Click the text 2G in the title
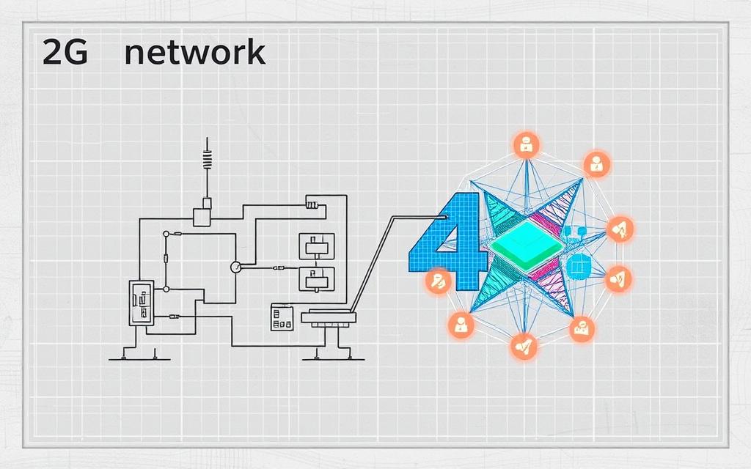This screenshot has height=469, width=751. point(65,54)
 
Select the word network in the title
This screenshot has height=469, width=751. point(194,53)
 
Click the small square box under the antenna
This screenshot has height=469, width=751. point(202,216)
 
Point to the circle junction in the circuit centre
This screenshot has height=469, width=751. point(235,267)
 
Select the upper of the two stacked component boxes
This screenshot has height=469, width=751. point(316,245)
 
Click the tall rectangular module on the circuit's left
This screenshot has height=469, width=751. point(140,302)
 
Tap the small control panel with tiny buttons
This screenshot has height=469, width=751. point(282,317)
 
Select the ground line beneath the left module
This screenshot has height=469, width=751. point(139,359)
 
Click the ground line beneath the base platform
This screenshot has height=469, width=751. point(334,359)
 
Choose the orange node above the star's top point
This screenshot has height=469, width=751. point(526,145)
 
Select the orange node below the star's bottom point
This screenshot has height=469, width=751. point(523,345)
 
